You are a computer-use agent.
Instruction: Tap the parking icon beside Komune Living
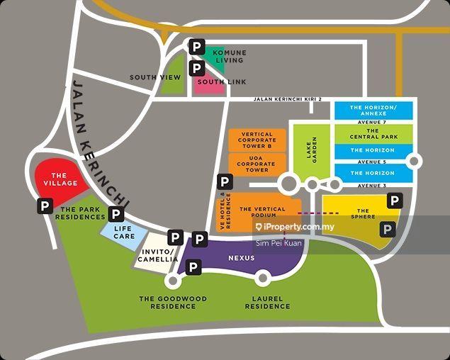click(x=196, y=47)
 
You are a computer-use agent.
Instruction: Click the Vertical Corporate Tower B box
click(x=257, y=139)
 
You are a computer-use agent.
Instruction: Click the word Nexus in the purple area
click(x=241, y=259)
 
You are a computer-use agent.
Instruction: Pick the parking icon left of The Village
click(x=45, y=206)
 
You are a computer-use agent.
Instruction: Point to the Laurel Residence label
click(x=267, y=303)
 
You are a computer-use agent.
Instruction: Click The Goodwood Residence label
click(x=173, y=303)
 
